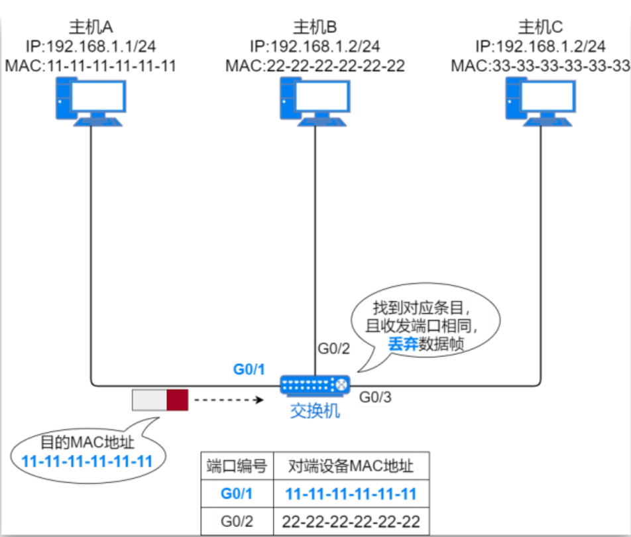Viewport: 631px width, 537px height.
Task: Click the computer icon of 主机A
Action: [x=89, y=101]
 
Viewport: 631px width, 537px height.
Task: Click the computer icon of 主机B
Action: [x=314, y=101]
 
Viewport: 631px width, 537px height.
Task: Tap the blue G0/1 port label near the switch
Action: [x=249, y=369]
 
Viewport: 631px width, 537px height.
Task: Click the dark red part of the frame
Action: [x=178, y=400]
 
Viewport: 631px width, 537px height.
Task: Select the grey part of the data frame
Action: [x=149, y=400]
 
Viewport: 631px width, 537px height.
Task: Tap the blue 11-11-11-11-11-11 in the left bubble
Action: [x=87, y=460]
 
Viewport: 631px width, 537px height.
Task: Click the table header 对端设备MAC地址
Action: [x=351, y=466]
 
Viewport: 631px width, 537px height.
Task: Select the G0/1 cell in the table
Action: [x=237, y=494]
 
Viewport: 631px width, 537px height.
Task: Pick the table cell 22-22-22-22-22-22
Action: [x=351, y=521]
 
